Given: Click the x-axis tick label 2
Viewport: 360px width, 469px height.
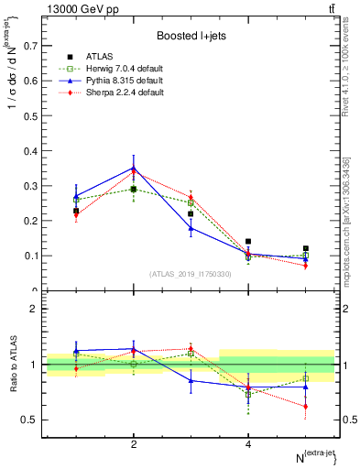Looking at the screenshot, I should (134, 443).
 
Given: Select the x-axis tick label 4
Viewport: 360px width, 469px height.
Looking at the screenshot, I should (248, 443).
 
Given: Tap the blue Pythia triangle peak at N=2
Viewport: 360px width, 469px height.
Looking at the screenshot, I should (134, 167).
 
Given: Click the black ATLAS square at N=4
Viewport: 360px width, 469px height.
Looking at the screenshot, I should (248, 242).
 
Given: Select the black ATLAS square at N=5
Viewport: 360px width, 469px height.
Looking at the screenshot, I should (306, 248).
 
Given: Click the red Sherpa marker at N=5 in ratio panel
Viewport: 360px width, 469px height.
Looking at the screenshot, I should (306, 406).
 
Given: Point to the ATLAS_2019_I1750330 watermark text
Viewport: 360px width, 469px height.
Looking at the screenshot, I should (190, 273).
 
